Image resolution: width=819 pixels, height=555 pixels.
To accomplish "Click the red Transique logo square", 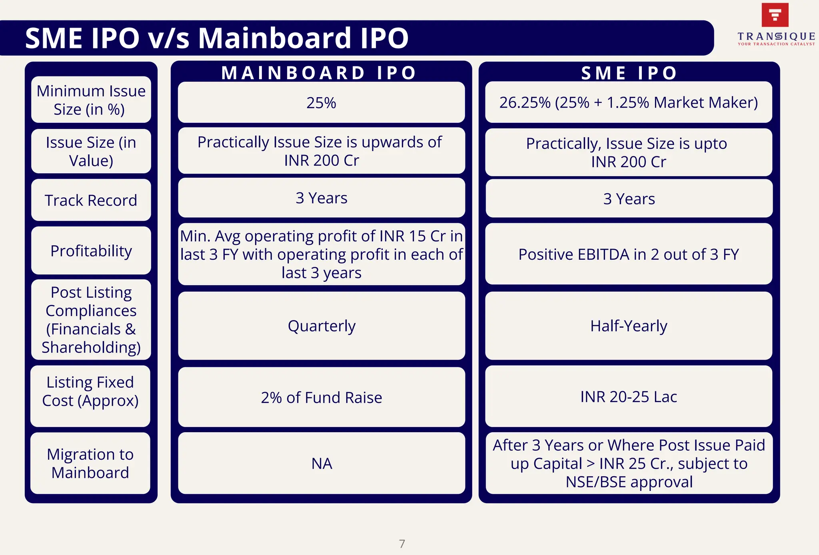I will [x=775, y=15].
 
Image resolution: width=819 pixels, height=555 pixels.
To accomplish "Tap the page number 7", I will [x=402, y=544].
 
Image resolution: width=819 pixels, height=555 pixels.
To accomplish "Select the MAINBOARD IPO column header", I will [x=319, y=73].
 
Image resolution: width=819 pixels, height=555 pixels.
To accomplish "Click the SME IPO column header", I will [x=629, y=73].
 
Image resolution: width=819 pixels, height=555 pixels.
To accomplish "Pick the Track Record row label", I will [x=91, y=200].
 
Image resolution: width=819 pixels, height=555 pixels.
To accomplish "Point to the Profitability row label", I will [x=91, y=251].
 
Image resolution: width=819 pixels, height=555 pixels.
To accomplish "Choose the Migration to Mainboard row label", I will [x=90, y=463].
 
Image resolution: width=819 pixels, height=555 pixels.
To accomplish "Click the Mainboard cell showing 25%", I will [x=321, y=103].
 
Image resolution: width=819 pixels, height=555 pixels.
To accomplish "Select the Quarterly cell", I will [x=322, y=326].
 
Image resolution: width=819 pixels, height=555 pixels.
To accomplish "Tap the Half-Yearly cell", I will [x=629, y=326].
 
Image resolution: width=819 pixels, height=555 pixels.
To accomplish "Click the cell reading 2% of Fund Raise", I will [x=322, y=397].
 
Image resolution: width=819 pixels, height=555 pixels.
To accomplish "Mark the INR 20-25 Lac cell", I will [x=629, y=397].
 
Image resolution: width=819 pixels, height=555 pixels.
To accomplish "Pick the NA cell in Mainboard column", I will [x=322, y=463].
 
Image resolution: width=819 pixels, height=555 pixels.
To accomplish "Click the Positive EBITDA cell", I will [x=629, y=254].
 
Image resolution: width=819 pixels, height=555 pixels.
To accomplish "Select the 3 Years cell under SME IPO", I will [x=629, y=199].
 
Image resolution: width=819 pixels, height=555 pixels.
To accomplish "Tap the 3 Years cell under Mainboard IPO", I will [x=322, y=198].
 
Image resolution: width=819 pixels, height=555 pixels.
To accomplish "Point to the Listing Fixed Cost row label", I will [x=90, y=391].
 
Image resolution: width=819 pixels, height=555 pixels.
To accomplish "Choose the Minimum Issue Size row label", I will [x=91, y=100].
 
